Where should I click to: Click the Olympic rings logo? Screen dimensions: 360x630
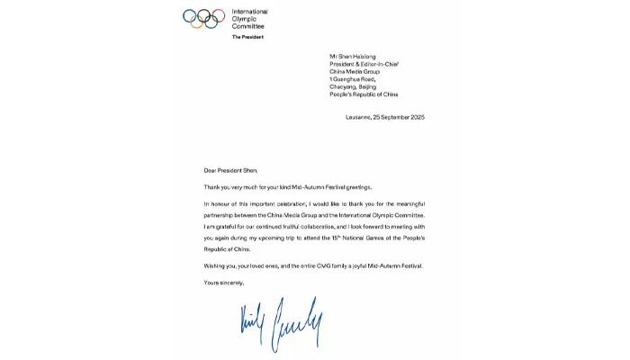coord(203,18)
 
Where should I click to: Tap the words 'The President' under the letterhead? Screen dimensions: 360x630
coord(248,37)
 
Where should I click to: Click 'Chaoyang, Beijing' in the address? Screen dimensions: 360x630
coord(354,86)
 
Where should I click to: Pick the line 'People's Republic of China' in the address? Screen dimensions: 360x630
coord(364,94)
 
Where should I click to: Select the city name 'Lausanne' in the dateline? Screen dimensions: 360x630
coord(359,118)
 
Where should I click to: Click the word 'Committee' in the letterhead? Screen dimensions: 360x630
coord(248,26)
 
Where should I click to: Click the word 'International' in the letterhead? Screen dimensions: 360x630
coord(250,12)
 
